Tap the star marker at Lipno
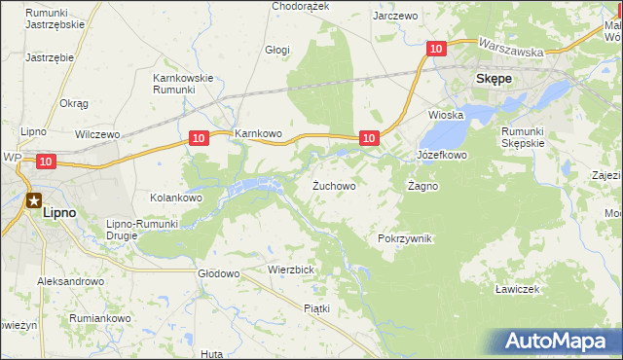pyautogui.click(x=34, y=201)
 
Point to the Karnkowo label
pyautogui.click(x=257, y=133)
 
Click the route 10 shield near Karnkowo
pyautogui.click(x=198, y=139)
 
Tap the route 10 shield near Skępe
pyautogui.click(x=436, y=48)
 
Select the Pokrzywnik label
pyautogui.click(x=404, y=238)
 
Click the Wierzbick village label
pyautogui.click(x=290, y=270)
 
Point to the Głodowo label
pyautogui.click(x=218, y=273)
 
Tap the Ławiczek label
pyautogui.click(x=516, y=289)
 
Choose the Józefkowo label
pyautogui.click(x=442, y=155)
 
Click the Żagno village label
pyautogui.click(x=422, y=185)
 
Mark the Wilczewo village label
pyautogui.click(x=96, y=133)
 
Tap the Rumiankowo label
pyautogui.click(x=99, y=318)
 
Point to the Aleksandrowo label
pyautogui.click(x=70, y=281)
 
